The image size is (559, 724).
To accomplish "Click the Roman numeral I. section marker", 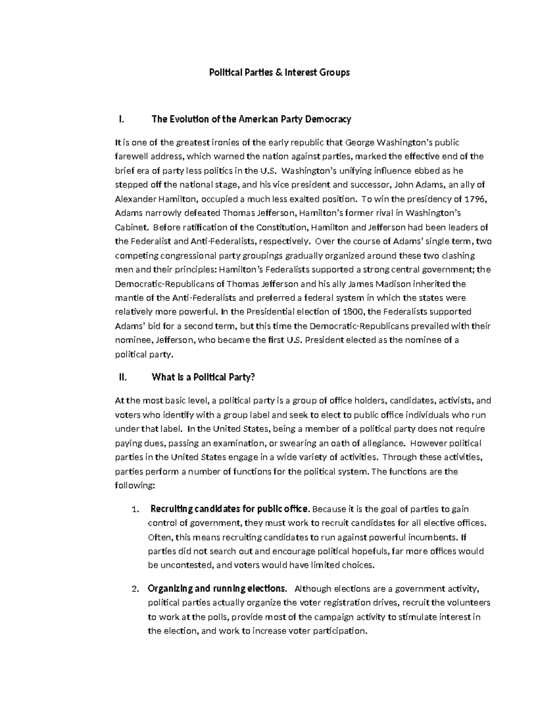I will click(122, 119).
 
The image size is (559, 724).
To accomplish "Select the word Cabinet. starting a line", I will click(131, 228).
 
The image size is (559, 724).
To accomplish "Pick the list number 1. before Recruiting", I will click(136, 509).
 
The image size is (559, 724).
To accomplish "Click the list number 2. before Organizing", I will click(136, 589).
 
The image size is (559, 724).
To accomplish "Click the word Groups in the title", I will click(334, 72).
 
